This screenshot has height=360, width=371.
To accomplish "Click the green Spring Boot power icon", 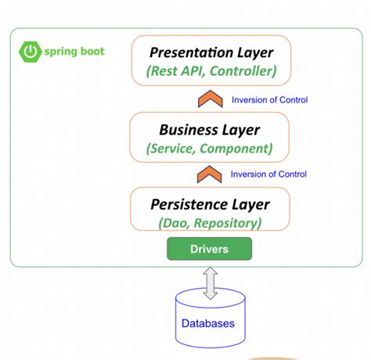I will point(29,52).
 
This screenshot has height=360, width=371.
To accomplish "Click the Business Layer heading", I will point(209,129).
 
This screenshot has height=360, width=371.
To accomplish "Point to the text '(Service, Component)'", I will point(210,148).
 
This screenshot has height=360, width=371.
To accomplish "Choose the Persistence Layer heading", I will point(210,204).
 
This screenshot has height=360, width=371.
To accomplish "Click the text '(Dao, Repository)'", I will point(210,223).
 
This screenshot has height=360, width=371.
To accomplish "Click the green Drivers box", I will point(210,250).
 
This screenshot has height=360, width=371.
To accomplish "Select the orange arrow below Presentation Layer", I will point(209,99).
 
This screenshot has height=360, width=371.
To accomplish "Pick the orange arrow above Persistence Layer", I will point(209,175).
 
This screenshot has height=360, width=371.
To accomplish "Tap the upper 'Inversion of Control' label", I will point(269,99).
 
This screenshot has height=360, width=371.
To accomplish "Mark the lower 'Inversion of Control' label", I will point(269,175).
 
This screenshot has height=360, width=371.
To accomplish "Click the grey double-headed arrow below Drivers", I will point(210,282).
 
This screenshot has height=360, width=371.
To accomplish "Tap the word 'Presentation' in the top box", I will point(189,53).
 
